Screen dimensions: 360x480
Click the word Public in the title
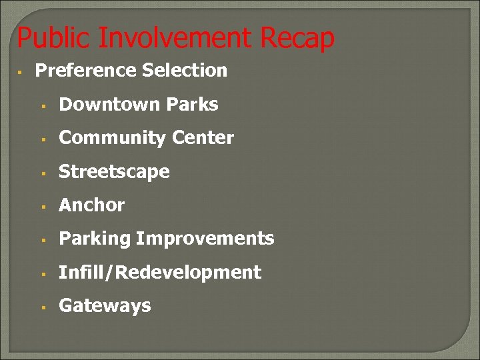coord(54,39)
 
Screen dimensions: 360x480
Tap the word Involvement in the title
coord(176,39)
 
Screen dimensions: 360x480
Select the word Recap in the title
coord(297,39)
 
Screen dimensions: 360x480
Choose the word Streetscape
coord(114,172)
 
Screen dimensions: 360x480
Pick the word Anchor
coord(91,205)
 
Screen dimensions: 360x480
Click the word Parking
coord(95,239)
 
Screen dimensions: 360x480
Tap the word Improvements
coord(205,239)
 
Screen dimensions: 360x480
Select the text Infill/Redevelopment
coord(160,272)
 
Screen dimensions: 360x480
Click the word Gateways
coord(105,306)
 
